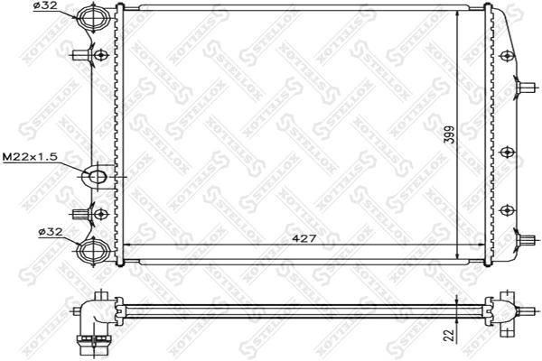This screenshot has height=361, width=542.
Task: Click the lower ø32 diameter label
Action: [50, 232]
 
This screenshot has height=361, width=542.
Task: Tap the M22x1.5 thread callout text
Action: [30, 156]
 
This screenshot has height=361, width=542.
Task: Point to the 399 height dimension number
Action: [449, 135]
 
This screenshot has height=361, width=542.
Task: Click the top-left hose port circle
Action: [92, 16]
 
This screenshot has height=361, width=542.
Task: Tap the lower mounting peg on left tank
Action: [83, 214]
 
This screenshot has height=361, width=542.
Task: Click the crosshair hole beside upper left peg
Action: [100, 55]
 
